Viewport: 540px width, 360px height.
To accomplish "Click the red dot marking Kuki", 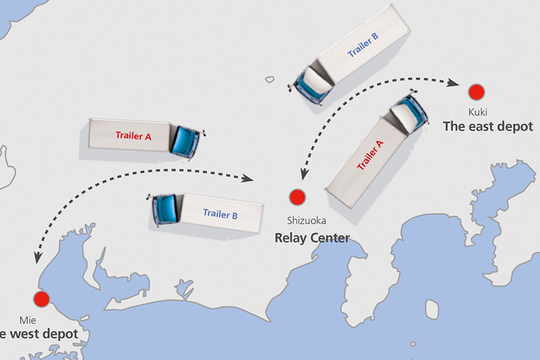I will [476, 92].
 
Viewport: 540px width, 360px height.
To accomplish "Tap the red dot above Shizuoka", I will [297, 197].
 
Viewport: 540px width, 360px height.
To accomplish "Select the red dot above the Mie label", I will [42, 299].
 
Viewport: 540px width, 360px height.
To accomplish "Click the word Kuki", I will [477, 112].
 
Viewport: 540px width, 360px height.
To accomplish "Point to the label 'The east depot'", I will [488, 126].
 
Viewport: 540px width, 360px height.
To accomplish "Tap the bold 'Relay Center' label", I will [312, 238].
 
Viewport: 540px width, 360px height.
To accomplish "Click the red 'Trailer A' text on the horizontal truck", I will [133, 135].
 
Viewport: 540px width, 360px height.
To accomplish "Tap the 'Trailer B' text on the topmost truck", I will [363, 45].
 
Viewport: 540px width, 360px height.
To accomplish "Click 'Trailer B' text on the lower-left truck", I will [220, 214].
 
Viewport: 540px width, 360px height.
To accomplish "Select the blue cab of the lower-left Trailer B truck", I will [164, 209].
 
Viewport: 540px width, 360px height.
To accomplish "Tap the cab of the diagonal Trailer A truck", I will [406, 112].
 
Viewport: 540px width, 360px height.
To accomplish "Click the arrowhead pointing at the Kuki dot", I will [453, 83].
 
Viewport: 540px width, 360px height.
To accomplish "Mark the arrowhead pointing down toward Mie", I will [38, 257].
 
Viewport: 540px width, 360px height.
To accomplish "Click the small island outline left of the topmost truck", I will [270, 79].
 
